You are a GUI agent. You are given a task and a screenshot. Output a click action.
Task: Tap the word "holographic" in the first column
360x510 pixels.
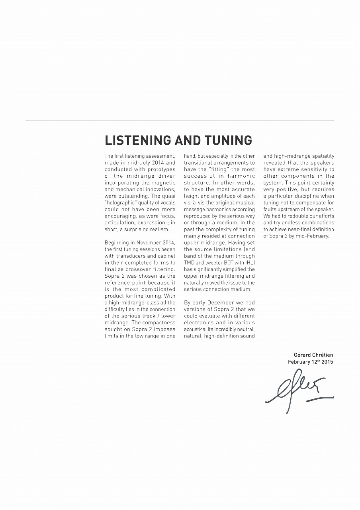point(121,203)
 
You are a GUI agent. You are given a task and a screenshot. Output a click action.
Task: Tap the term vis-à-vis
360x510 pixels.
point(195,203)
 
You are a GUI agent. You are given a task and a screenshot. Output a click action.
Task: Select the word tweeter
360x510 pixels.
point(206,263)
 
